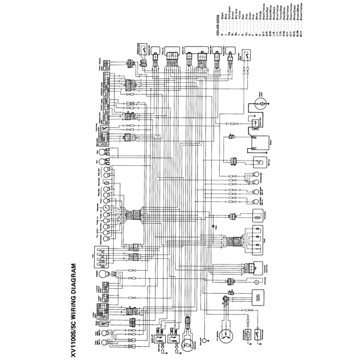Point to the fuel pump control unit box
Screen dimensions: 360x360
click(x=258, y=269)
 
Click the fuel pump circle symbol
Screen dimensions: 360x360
click(x=257, y=282)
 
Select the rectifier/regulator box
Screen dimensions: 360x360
click(x=258, y=297)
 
